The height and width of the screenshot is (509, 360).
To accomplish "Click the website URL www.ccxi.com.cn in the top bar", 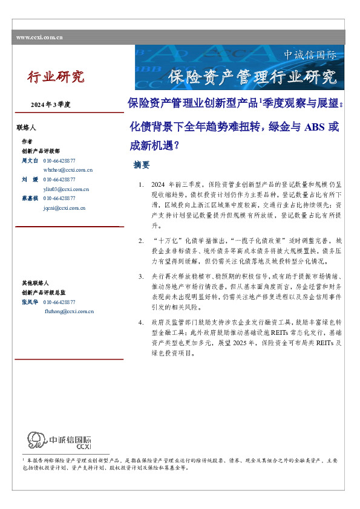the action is pos(40,37).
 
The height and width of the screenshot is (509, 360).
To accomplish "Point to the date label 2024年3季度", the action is pos(51,105).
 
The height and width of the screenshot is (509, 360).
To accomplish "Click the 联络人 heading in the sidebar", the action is pos(27,128).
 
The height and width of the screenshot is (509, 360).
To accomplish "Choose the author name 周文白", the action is pos(30,161).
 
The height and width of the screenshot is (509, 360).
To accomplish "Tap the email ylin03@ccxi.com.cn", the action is pos(67,189).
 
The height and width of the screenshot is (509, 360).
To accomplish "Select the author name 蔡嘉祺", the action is pos(30,198).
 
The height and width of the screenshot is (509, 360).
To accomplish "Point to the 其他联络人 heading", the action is pos(33,284).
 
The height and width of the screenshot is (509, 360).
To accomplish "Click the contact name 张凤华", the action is pos(30,302).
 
